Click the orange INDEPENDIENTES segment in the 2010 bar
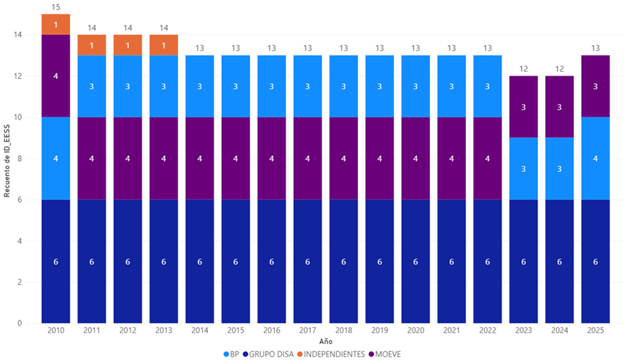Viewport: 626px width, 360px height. (56, 24)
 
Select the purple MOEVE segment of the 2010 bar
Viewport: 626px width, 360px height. (56, 76)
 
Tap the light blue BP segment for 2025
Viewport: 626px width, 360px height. (595, 159)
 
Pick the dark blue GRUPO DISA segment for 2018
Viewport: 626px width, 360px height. (343, 262)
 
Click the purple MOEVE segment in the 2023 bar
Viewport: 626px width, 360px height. (523, 107)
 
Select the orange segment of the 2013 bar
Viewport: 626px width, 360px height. (163, 45)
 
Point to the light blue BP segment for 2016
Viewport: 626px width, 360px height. (272, 86)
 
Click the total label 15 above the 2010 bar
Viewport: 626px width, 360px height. (56, 7)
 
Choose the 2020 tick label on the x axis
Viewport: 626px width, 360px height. (415, 331)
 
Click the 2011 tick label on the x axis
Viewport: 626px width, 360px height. (92, 331)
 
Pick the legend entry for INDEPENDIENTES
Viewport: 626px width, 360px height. (334, 353)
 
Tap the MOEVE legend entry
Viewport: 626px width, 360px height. (388, 353)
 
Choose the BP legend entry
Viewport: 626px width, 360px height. (231, 353)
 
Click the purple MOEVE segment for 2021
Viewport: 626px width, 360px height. (451, 159)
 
